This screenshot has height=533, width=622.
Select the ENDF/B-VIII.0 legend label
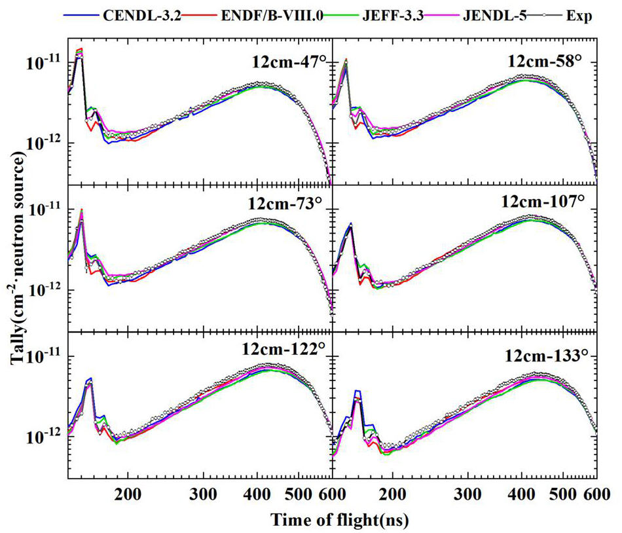[272, 16]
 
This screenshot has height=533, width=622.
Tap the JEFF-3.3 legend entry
[393, 16]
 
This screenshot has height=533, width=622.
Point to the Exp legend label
[579, 16]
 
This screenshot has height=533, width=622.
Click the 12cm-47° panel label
[289, 62]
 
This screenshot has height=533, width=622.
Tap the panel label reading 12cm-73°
[285, 204]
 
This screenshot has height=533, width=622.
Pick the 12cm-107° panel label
[543, 202]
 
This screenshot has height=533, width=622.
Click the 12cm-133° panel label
[546, 356]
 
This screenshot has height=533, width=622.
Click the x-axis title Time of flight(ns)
[340, 520]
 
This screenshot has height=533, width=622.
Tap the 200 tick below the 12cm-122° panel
[128, 494]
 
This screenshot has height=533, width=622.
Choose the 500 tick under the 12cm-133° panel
[564, 494]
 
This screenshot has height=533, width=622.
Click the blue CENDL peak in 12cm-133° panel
[357, 391]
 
